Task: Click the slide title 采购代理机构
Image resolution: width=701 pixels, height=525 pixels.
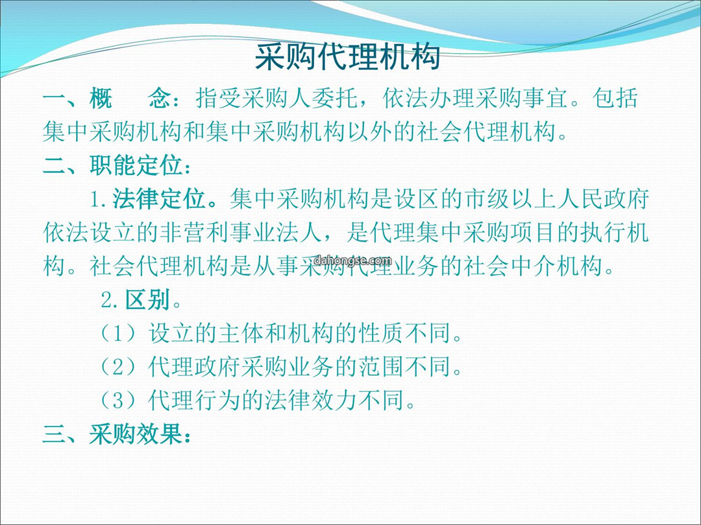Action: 347,57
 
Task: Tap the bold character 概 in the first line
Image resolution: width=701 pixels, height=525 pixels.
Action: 101,99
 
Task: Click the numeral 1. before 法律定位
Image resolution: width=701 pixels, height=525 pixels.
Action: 99,200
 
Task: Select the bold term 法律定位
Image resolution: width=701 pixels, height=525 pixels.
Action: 159,199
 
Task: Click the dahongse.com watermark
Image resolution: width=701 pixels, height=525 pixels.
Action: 352,261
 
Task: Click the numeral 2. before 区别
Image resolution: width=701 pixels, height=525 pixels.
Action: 110,301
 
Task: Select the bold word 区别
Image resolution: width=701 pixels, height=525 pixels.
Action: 147,300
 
